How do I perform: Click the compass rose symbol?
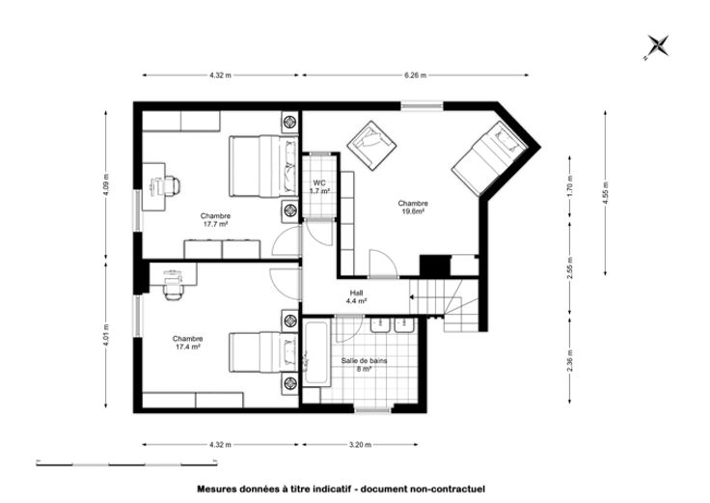coord(657,46)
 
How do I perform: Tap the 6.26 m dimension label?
coord(415,75)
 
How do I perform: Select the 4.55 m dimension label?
coord(606,192)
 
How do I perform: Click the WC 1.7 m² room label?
coord(319,187)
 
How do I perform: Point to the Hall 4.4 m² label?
coord(356,296)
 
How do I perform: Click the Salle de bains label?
coord(364,361)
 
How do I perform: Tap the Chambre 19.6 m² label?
coord(413,208)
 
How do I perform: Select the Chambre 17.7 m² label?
coord(215,220)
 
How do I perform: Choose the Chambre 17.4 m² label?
coord(187,343)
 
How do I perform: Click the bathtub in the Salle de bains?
coord(316,353)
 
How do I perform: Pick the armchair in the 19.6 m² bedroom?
coord(371,143)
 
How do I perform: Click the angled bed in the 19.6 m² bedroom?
coord(490,158)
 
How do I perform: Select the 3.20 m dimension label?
coord(361,445)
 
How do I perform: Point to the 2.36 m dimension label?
coord(570,361)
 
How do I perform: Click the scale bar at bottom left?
coord(126,464)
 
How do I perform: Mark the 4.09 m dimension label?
coord(106,185)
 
